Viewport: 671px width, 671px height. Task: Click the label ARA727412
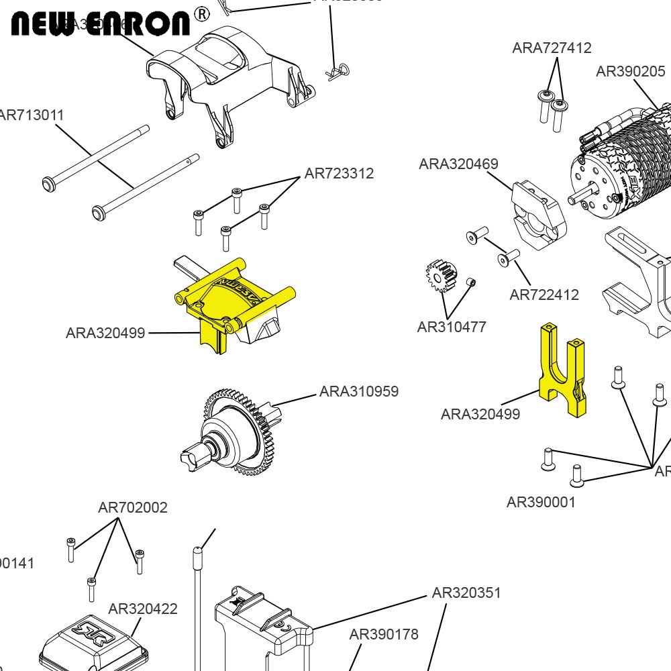point(552,48)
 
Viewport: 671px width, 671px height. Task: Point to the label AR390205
point(630,72)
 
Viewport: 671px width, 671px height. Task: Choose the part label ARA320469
point(458,164)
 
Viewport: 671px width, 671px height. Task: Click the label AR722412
point(544,295)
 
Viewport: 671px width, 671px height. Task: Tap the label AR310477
point(452,327)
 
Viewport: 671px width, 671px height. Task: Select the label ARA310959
point(359,391)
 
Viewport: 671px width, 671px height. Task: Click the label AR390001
point(541,502)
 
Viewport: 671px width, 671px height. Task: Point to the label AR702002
point(133,507)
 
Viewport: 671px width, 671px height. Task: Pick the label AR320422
point(143,609)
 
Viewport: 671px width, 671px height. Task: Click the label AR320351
point(466,592)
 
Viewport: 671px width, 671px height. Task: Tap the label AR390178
point(384,634)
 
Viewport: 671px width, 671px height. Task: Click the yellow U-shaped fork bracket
point(562,369)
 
